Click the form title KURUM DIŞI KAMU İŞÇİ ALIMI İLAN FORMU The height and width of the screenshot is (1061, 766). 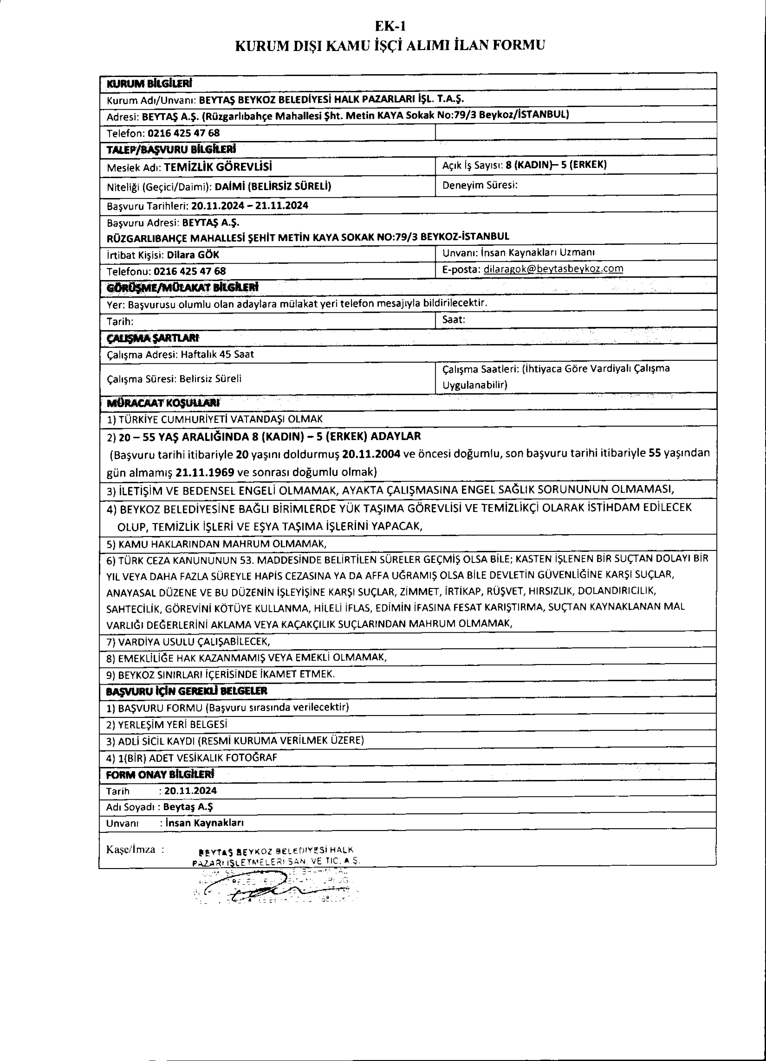pyautogui.click(x=390, y=45)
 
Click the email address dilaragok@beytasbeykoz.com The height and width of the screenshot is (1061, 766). pyautogui.click(x=553, y=269)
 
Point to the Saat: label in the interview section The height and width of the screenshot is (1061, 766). pyautogui.click(x=453, y=320)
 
